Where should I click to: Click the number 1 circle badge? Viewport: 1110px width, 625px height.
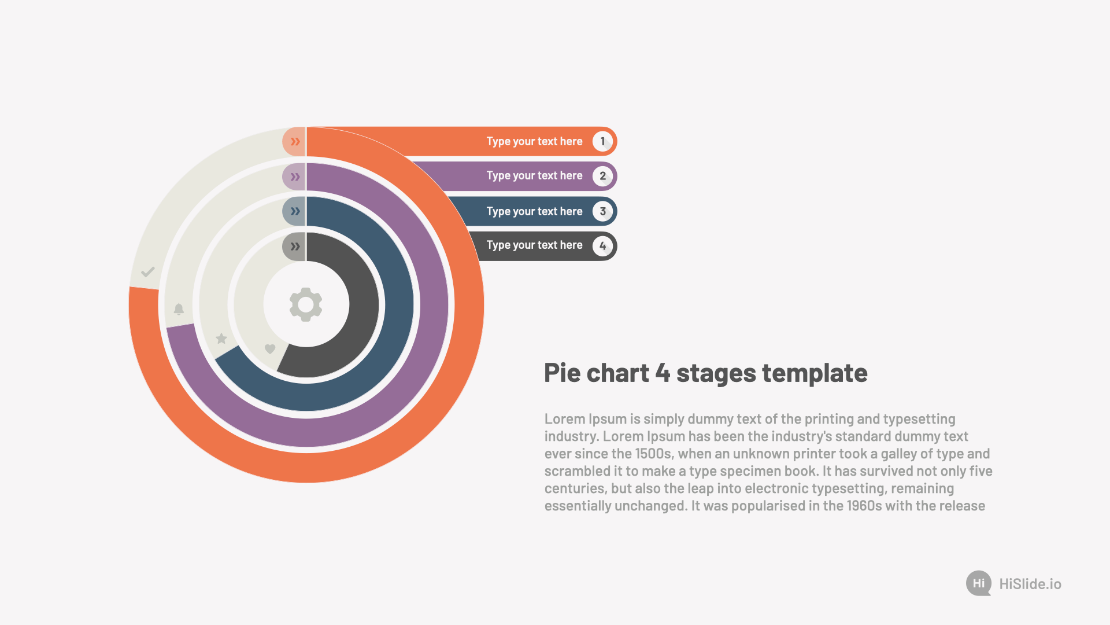click(602, 142)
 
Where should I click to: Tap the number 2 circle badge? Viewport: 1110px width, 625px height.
click(602, 176)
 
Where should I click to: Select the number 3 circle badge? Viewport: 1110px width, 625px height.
click(602, 211)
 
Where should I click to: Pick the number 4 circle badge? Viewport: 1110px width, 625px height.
click(602, 246)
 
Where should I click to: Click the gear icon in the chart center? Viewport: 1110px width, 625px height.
click(306, 304)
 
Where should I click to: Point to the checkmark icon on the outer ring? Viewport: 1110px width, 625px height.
click(148, 271)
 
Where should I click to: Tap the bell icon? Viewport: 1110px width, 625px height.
click(179, 309)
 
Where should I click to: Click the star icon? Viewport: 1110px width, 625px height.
click(221, 339)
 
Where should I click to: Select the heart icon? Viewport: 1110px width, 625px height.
click(270, 349)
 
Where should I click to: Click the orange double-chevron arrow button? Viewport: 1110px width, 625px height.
click(294, 142)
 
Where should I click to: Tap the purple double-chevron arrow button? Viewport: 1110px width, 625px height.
click(294, 177)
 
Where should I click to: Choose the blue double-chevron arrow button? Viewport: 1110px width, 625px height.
click(294, 211)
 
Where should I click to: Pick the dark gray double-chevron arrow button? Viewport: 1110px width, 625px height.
click(294, 247)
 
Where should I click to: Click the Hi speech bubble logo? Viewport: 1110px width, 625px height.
click(979, 583)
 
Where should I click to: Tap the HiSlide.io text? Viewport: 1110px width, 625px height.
click(1030, 584)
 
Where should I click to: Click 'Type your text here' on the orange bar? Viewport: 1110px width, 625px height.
click(534, 142)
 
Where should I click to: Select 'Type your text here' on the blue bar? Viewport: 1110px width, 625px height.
click(534, 212)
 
